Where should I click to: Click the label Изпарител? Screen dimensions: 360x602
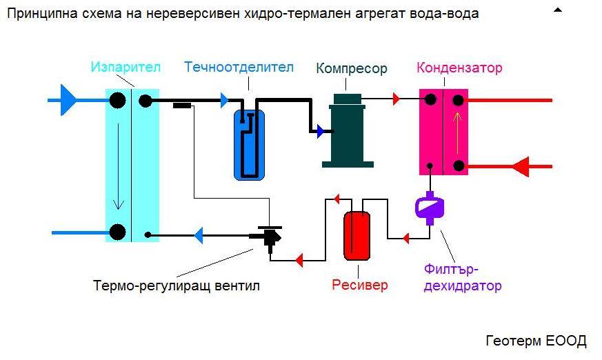126,68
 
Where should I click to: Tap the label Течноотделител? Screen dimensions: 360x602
239,68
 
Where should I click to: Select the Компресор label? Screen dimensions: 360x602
351,68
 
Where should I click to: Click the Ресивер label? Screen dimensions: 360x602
359,285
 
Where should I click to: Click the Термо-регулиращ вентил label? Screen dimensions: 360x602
177,286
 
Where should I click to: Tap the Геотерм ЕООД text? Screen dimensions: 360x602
536,341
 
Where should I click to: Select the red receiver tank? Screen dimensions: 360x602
357,234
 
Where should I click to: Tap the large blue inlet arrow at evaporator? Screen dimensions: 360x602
68,100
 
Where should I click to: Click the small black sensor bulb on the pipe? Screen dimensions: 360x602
182,106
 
